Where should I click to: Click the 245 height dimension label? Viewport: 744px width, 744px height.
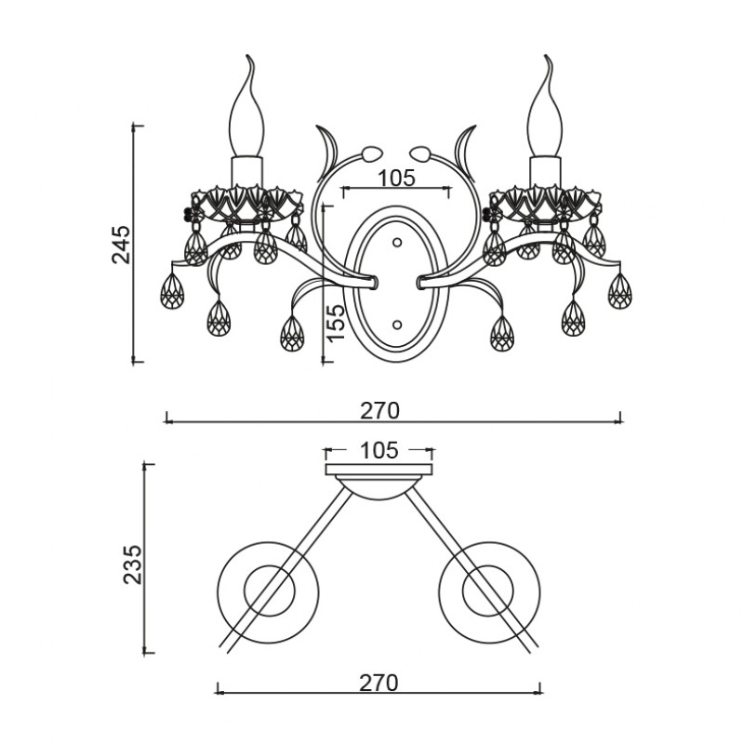(x=121, y=245)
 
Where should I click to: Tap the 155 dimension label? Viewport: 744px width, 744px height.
(x=336, y=322)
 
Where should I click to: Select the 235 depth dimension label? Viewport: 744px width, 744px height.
(x=132, y=565)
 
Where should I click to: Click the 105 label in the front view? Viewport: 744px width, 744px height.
(x=396, y=179)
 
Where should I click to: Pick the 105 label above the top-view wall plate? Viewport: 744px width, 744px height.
(x=379, y=450)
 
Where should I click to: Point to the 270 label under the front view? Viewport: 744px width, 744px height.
(x=379, y=411)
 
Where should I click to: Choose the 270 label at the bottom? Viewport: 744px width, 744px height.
(x=379, y=684)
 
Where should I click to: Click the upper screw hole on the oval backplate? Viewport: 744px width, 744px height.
(x=397, y=243)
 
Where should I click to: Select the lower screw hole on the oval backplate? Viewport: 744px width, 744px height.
(x=397, y=325)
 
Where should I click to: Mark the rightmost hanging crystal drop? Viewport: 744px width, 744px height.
(x=619, y=291)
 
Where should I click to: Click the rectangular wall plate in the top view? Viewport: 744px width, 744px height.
(x=379, y=470)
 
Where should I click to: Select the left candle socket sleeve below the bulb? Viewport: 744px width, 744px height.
(x=246, y=172)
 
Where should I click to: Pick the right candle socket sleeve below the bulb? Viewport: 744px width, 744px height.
(x=545, y=172)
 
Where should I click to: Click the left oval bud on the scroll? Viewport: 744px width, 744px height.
(x=371, y=153)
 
